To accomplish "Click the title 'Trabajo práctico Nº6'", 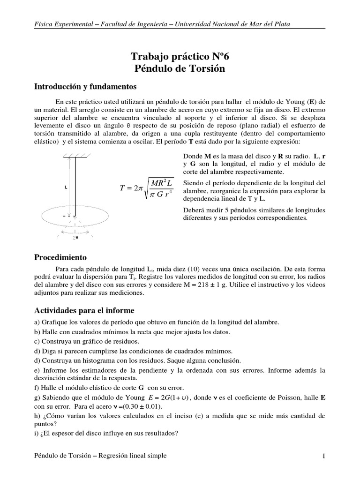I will (180, 57).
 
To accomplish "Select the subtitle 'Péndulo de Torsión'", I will (180, 69).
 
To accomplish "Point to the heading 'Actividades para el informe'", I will (84, 310).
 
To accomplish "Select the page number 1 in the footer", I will (323, 456).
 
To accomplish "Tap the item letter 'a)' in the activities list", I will (38, 322).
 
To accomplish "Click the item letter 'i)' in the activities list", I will (37, 434).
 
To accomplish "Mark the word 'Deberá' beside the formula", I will (192, 210).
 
